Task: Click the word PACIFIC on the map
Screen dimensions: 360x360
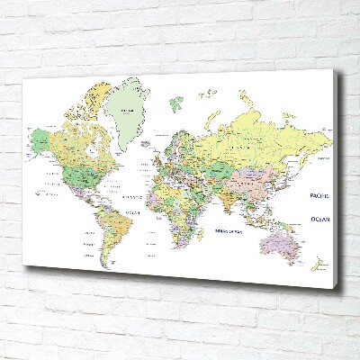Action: click(x=319, y=195)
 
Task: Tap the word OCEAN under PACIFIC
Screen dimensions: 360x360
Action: click(x=319, y=219)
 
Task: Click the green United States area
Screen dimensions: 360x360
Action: click(x=76, y=170)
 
